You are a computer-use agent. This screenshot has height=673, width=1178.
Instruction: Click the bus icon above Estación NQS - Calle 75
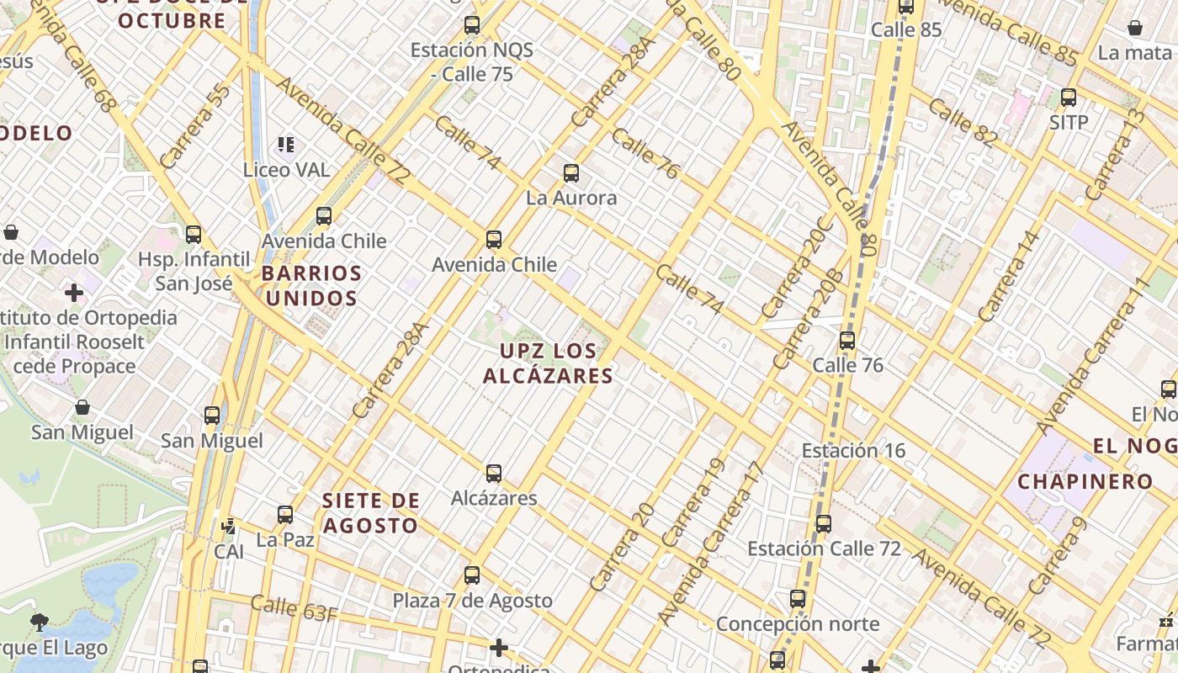point(472,25)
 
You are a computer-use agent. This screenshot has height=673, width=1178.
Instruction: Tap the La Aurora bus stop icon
point(571,174)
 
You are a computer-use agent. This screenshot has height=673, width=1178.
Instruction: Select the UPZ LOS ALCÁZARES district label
point(548,363)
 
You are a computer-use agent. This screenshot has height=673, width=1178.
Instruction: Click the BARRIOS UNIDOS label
point(310,286)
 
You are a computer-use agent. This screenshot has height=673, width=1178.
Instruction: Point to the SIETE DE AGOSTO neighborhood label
point(370,513)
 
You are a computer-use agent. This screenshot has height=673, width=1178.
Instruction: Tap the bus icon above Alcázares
point(494,474)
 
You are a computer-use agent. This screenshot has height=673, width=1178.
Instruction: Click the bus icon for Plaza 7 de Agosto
point(472,575)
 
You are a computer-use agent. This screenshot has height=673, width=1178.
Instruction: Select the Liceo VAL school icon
point(286,145)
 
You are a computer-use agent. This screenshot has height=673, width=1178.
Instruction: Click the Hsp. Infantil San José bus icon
point(194,235)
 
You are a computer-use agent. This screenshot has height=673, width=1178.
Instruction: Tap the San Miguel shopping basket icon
point(82,408)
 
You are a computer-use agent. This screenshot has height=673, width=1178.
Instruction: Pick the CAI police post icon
point(228,527)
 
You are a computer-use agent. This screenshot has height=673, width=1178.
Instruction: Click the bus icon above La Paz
point(285,514)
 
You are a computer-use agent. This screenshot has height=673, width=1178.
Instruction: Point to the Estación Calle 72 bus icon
point(824,524)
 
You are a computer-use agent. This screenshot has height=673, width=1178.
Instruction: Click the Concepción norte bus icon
point(798,600)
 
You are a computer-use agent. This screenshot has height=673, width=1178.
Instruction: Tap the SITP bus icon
point(1069,98)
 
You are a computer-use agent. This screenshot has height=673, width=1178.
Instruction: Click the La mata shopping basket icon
point(1135,28)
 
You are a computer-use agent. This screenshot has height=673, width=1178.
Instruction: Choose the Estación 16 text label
point(853,450)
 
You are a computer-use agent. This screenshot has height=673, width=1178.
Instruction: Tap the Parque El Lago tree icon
point(39,623)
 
